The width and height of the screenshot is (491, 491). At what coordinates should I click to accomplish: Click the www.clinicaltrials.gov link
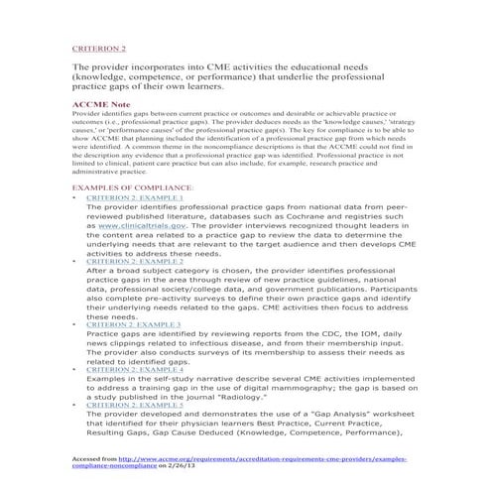coord(137,225)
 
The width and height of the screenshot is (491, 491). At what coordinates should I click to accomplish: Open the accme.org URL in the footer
coord(277,459)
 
